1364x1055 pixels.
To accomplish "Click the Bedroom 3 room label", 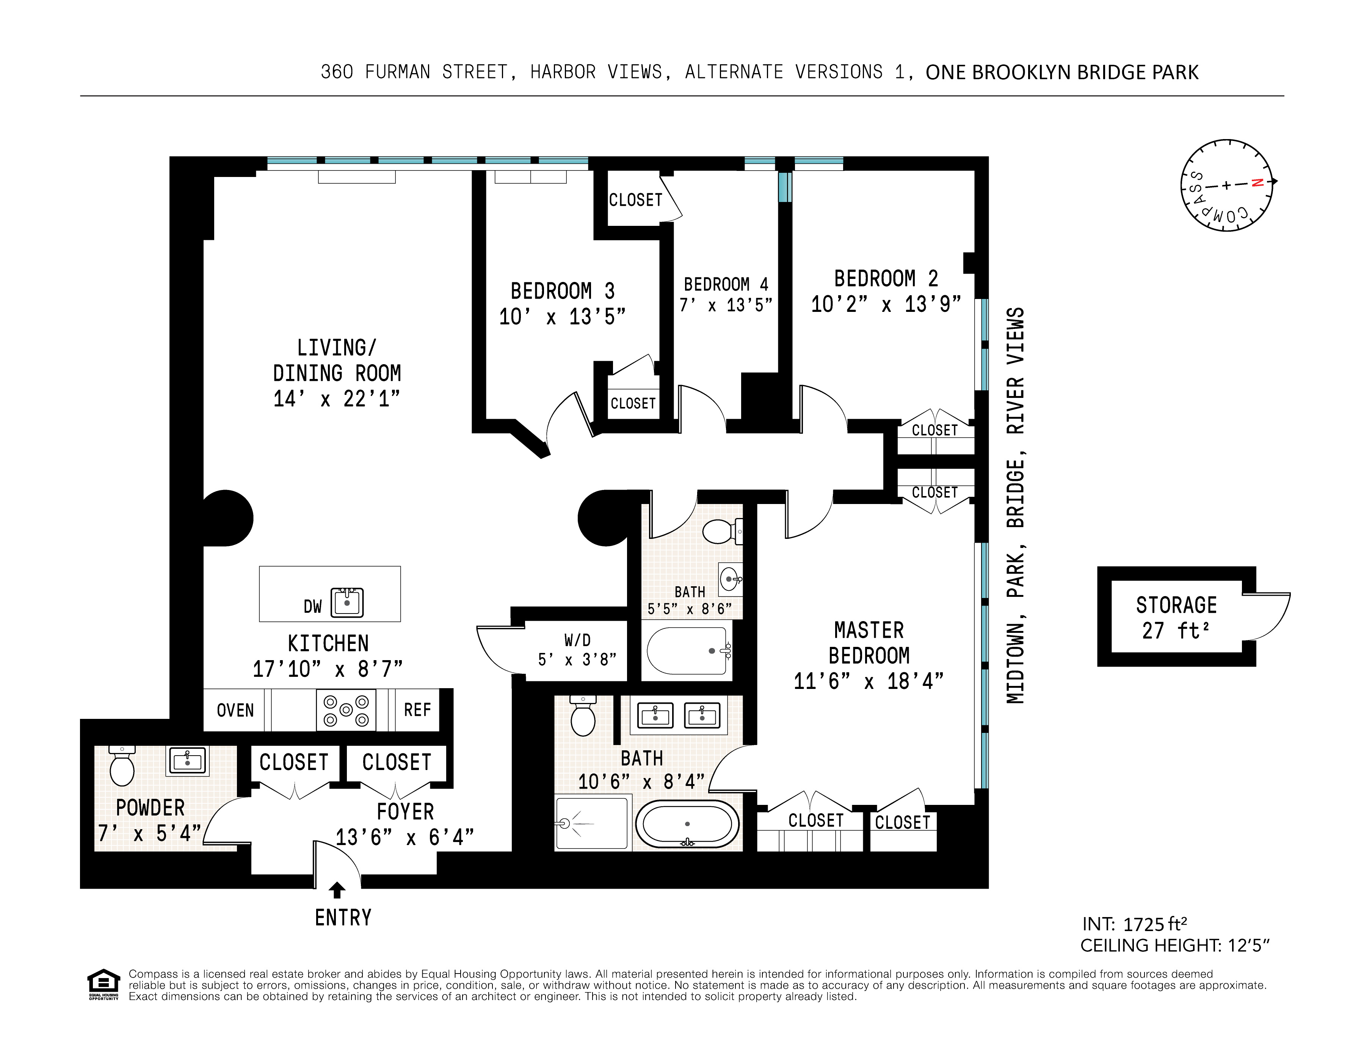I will click(x=562, y=291).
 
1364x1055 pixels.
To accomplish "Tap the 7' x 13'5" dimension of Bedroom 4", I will click(x=726, y=305).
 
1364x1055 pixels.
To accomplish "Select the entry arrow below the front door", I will click(x=337, y=889).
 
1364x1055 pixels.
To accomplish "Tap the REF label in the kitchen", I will click(x=417, y=710).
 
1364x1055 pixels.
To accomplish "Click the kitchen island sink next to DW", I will click(x=347, y=603).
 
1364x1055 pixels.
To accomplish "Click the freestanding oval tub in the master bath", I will click(x=687, y=824).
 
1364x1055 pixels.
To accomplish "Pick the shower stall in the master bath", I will click(x=592, y=822).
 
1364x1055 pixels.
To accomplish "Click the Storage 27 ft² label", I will click(x=1176, y=617).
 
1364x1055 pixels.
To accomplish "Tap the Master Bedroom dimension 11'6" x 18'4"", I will click(x=868, y=681).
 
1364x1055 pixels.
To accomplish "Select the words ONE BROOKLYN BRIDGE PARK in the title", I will click(x=1062, y=72).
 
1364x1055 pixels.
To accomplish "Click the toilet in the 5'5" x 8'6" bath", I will click(x=721, y=531).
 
